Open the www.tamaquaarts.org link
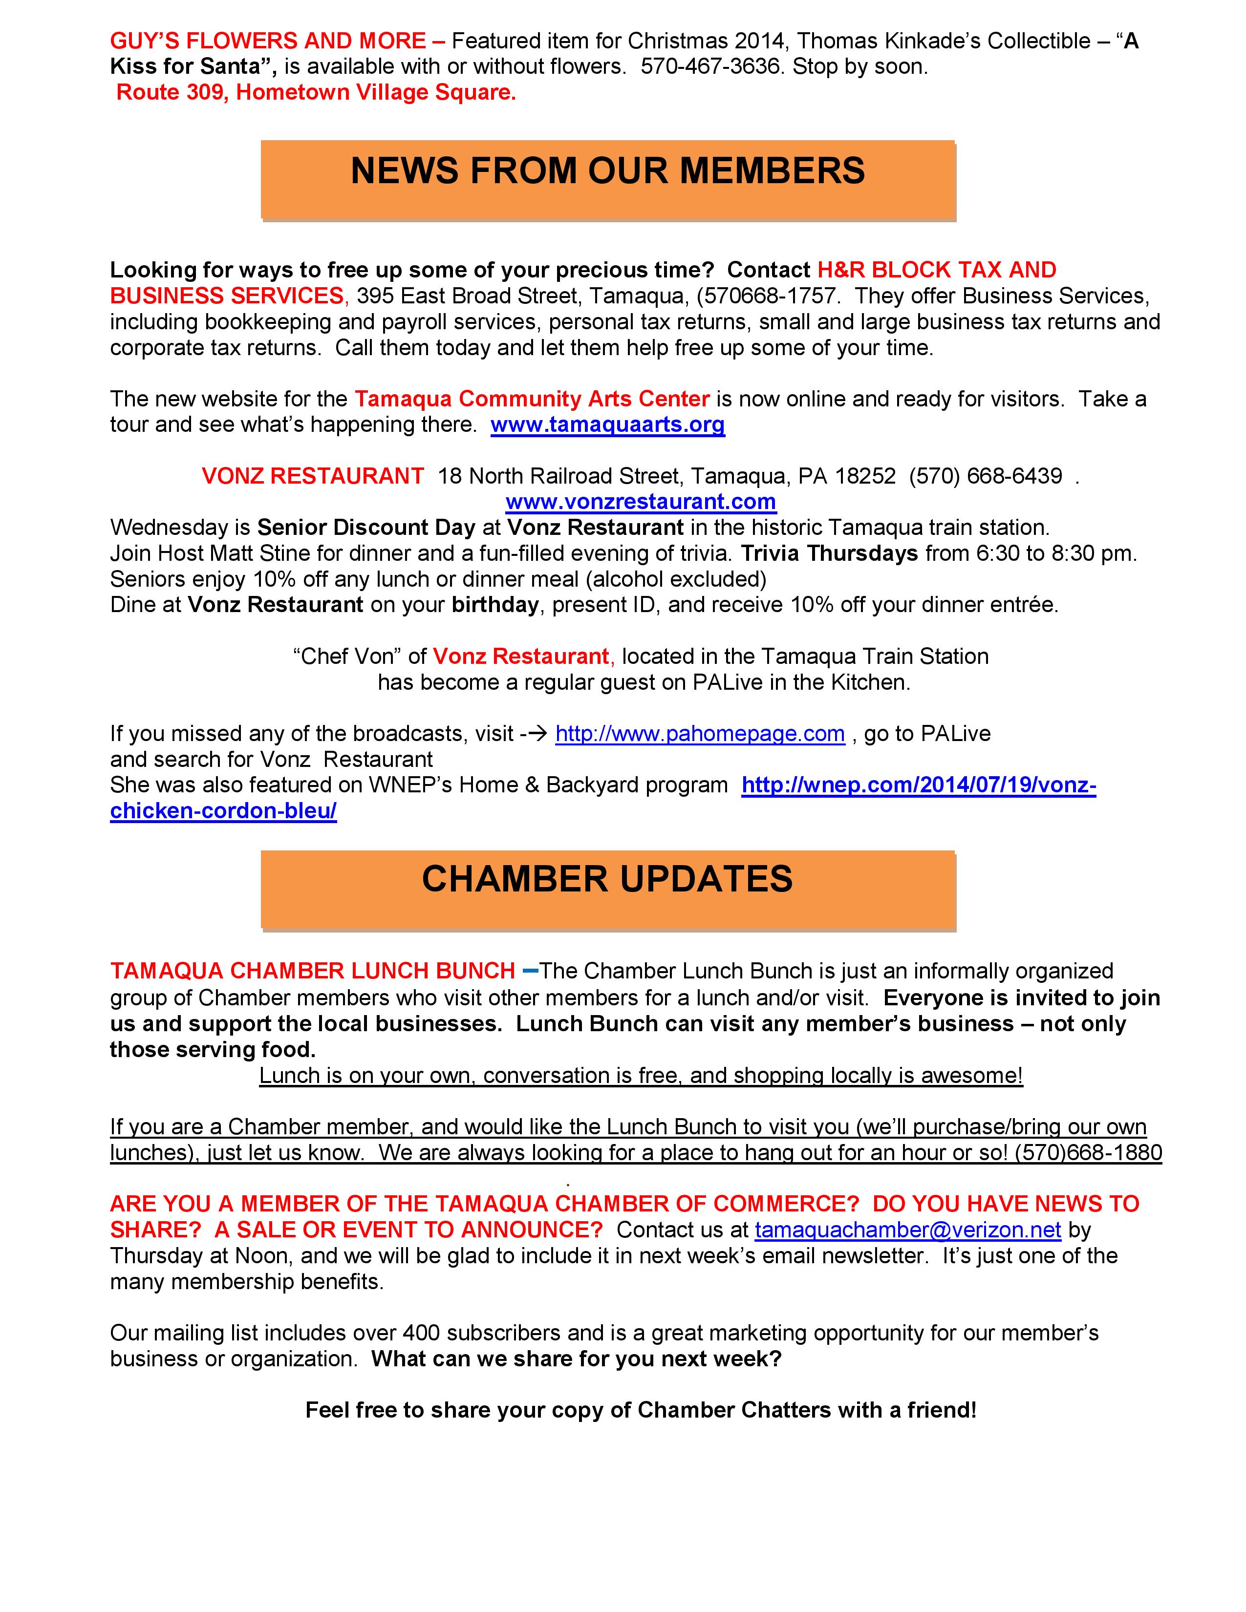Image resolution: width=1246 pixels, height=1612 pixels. (x=607, y=424)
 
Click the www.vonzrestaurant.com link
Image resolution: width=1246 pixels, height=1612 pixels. (x=641, y=502)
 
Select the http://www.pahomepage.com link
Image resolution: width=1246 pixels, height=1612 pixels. (x=700, y=734)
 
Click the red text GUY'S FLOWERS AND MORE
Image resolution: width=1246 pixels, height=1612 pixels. (x=268, y=41)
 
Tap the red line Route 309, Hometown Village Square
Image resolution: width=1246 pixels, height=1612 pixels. (x=316, y=92)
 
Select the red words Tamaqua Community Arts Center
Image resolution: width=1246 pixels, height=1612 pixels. (x=532, y=399)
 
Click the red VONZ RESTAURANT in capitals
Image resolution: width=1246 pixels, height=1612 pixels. (x=313, y=476)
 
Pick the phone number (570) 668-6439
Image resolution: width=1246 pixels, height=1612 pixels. (x=986, y=476)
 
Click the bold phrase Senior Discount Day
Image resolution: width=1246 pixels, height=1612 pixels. (x=366, y=528)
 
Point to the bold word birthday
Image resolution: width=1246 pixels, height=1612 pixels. (x=495, y=605)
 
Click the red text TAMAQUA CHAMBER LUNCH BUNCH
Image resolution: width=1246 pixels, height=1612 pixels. (x=312, y=971)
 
